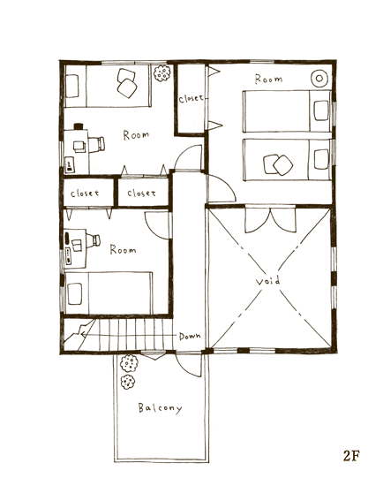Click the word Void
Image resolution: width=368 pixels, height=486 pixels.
point(268,281)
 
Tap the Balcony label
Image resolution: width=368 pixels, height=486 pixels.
point(160,408)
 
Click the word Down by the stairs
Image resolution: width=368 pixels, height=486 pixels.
point(190,336)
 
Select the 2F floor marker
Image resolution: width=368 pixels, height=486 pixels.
point(351,456)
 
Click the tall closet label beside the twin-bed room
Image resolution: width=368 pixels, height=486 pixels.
point(191,99)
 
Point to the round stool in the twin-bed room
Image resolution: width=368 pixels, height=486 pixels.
point(319,79)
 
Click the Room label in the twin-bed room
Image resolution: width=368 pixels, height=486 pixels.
point(268,79)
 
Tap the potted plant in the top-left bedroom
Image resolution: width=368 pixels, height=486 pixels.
point(162,73)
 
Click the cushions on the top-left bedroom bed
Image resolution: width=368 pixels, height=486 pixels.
point(127,83)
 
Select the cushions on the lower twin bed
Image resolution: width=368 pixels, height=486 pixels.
point(278,164)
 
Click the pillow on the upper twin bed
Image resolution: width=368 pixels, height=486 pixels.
point(321,110)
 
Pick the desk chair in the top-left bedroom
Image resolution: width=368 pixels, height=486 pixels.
point(97,145)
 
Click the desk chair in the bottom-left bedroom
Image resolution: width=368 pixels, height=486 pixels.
point(94,240)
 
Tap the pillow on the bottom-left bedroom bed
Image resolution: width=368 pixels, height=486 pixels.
point(75,293)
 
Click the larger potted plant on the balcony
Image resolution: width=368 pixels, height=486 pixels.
point(129,363)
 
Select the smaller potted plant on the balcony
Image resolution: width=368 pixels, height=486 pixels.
point(127,382)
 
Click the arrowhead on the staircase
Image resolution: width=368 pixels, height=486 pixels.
point(83,334)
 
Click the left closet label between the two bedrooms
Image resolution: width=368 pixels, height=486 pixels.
point(85,194)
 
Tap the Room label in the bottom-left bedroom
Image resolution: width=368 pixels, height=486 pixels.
point(123,249)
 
